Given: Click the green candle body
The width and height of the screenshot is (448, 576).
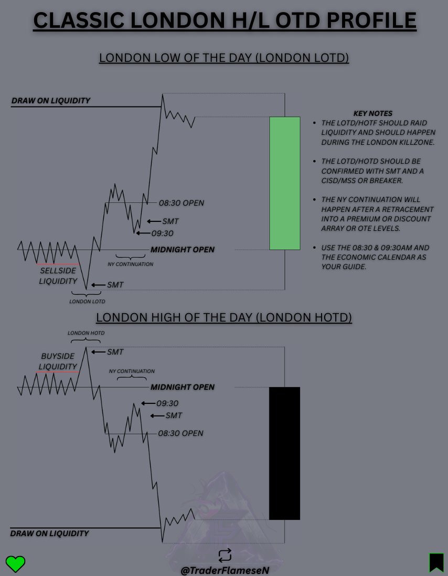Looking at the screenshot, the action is [x=285, y=183].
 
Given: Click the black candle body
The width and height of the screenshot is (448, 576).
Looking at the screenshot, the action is [x=284, y=453].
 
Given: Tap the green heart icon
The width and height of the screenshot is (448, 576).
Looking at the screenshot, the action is [x=16, y=563].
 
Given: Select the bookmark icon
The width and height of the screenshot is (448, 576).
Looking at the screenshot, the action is [x=436, y=562].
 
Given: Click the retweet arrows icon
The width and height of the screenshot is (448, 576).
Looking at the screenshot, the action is [x=225, y=555].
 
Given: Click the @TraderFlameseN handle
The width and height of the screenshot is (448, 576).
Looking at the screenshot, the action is [x=225, y=570].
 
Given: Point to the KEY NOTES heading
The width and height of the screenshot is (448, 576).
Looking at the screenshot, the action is [x=373, y=113].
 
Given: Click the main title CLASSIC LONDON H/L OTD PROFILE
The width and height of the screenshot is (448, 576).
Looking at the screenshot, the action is [x=225, y=21].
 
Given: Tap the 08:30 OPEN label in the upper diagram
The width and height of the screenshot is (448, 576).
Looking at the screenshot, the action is [x=182, y=203].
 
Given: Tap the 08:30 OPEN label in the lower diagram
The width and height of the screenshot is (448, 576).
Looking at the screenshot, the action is [x=180, y=433].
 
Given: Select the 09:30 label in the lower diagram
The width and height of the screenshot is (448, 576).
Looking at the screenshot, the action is [x=167, y=403].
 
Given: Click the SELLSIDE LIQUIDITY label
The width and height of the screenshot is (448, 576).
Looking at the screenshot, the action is [x=58, y=276].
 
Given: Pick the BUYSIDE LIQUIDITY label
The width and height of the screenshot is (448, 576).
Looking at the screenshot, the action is [x=59, y=361].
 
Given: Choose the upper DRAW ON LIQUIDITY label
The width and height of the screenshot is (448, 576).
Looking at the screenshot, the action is [x=51, y=101].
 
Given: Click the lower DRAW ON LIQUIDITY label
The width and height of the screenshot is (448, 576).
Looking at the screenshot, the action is [x=50, y=534].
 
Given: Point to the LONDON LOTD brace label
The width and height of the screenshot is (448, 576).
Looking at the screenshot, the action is [x=87, y=302].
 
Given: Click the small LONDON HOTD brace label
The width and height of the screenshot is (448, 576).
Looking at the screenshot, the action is [x=86, y=333].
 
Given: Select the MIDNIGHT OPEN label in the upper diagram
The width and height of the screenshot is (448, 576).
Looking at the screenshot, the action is [x=183, y=250].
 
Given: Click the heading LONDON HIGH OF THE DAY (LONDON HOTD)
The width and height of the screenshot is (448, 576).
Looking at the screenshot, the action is [x=224, y=317].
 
